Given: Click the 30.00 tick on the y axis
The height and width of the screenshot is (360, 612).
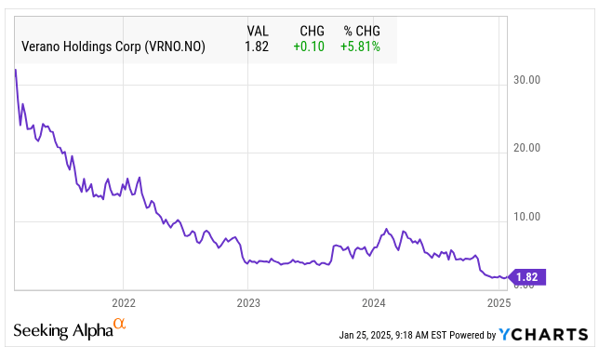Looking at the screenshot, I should (527, 80).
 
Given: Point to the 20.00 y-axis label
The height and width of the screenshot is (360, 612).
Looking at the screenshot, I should (527, 148).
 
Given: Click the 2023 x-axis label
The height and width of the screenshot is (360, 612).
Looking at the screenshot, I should (248, 303).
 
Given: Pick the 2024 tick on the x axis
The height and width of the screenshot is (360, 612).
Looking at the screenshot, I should (373, 303).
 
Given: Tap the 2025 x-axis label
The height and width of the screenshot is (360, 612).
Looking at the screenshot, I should (498, 303).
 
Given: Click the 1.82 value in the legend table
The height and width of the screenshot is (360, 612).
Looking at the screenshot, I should (256, 46).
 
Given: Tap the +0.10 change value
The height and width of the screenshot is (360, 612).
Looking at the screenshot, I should (309, 46).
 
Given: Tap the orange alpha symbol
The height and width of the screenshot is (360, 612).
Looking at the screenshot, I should (119, 325).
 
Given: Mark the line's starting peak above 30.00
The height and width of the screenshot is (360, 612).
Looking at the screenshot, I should (16, 70).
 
